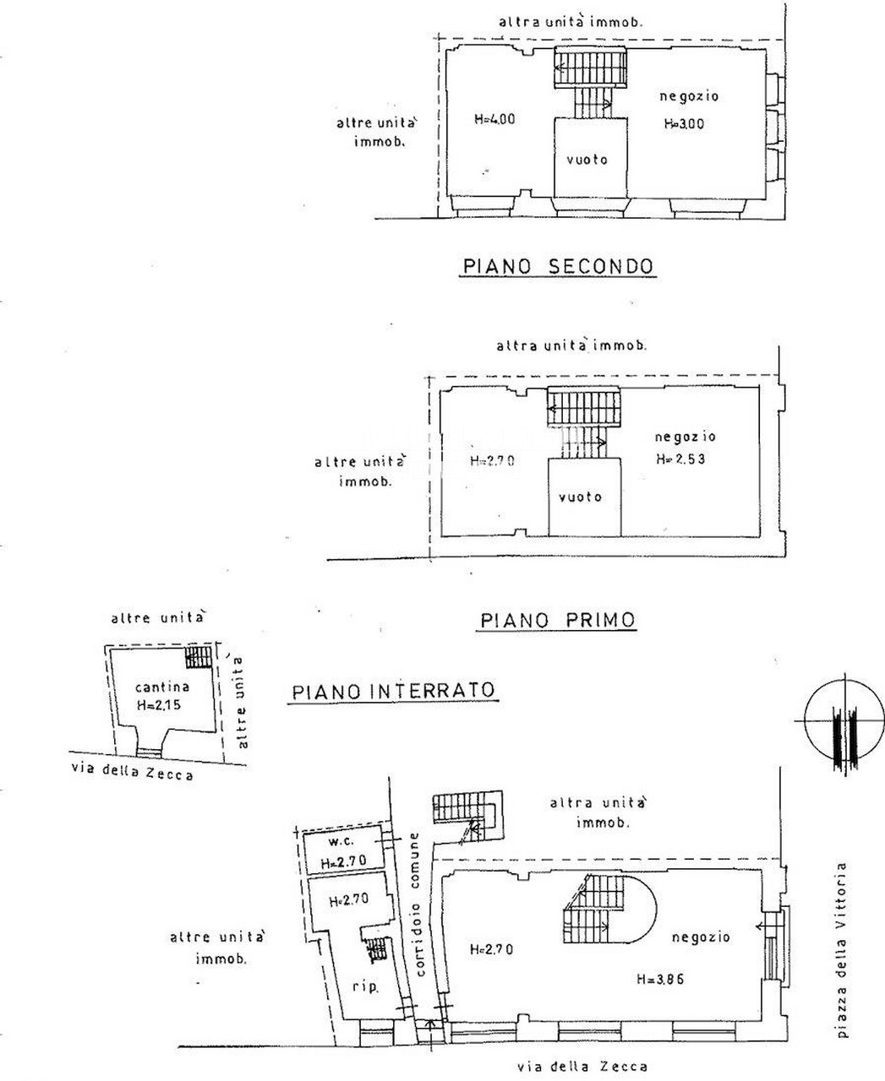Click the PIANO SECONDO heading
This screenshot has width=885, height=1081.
click(x=558, y=266)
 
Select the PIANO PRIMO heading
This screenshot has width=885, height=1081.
click(x=558, y=620)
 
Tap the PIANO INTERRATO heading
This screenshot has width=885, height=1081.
click(x=394, y=691)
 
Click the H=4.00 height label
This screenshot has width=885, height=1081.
click(x=494, y=119)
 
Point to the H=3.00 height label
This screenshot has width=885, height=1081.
click(x=684, y=123)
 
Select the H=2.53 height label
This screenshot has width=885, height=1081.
click(x=680, y=459)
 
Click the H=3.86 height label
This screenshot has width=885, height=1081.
click(x=660, y=979)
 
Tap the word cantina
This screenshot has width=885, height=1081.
click(x=162, y=687)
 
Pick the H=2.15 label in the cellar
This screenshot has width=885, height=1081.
click(x=159, y=705)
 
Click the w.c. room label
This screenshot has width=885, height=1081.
click(x=341, y=841)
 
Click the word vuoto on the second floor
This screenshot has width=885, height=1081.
click(x=587, y=160)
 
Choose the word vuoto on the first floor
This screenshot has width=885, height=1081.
click(x=580, y=497)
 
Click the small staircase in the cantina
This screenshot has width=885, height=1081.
click(x=198, y=656)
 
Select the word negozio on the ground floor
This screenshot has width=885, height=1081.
click(x=701, y=937)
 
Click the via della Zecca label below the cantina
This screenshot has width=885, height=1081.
click(x=133, y=770)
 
